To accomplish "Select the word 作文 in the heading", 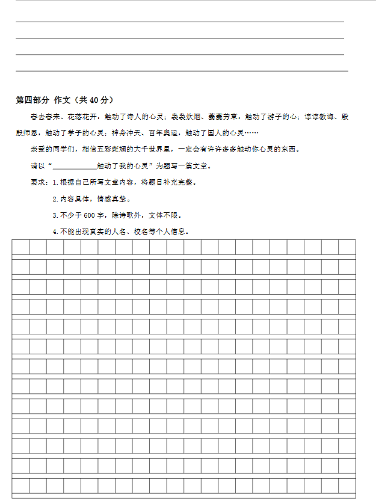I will [62, 100].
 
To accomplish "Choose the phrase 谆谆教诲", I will [318, 117].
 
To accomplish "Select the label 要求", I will [37, 182].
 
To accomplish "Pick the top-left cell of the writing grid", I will [20, 247].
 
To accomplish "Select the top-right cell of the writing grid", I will [347, 247].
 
